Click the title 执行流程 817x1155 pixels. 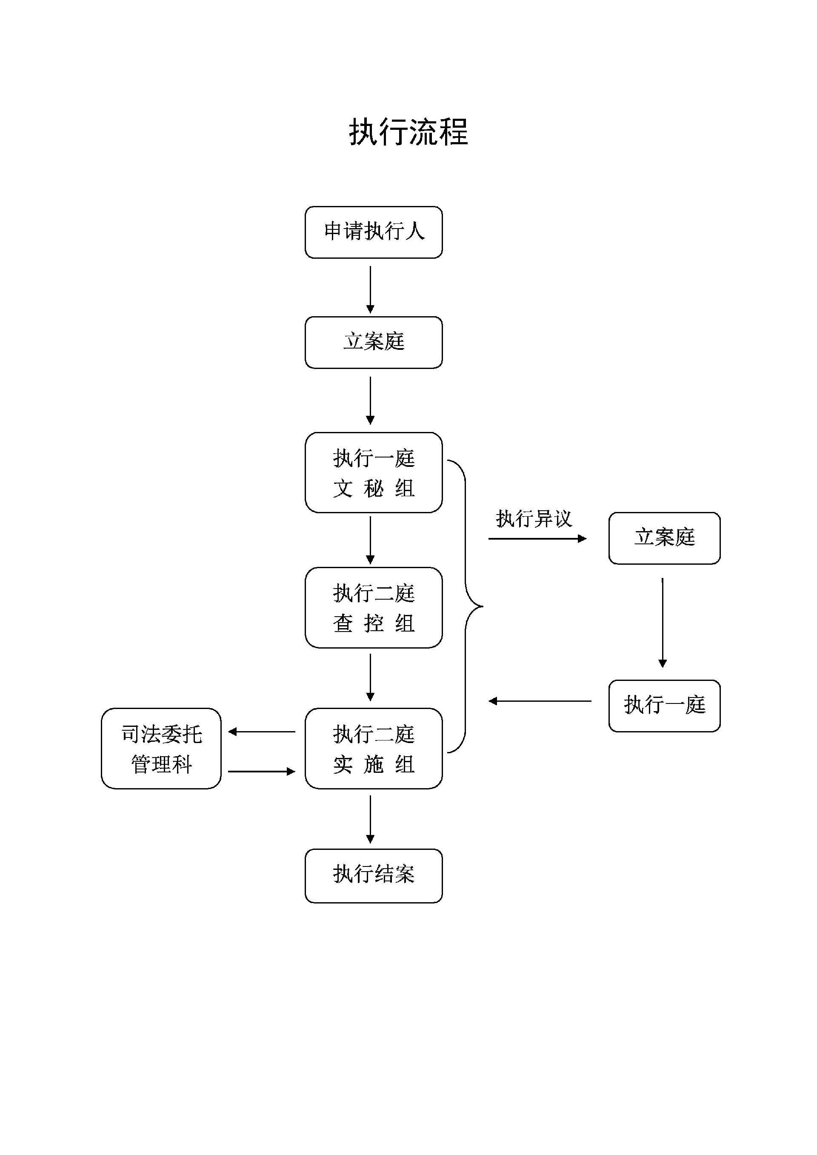click(x=408, y=132)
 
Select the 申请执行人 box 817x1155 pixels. click(x=373, y=232)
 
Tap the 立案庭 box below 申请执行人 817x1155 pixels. click(x=373, y=342)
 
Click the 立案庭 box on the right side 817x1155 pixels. click(x=664, y=538)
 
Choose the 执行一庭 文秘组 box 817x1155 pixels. click(x=373, y=472)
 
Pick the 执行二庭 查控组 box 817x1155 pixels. click(x=373, y=608)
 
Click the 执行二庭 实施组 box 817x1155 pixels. click(x=373, y=749)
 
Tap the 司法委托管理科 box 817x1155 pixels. click(x=161, y=749)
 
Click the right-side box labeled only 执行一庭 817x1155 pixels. click(x=664, y=705)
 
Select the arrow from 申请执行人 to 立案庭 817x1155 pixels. click(x=370, y=289)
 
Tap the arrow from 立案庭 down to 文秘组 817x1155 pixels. click(x=370, y=400)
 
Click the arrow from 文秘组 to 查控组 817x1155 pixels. click(x=370, y=539)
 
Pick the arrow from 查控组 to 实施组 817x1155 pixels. click(x=370, y=677)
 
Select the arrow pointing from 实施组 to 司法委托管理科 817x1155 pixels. click(x=262, y=732)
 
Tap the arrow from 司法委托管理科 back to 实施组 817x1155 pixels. click(x=262, y=771)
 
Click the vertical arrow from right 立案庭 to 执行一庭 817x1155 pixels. click(x=662, y=622)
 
